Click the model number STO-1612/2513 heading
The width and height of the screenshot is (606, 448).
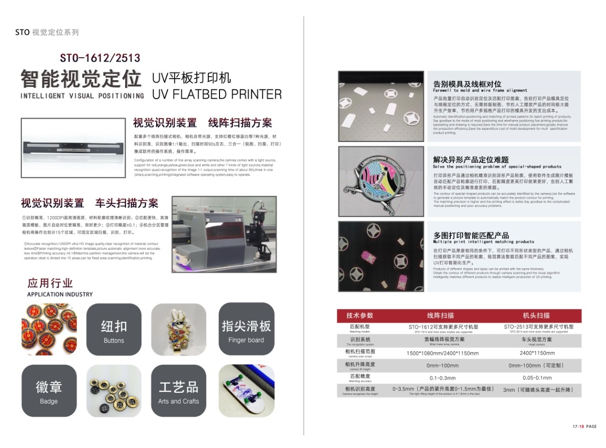(x=100, y=58)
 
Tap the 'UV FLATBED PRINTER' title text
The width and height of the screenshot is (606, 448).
(x=217, y=94)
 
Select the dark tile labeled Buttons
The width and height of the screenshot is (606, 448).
(x=114, y=329)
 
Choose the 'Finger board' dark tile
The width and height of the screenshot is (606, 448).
(x=246, y=329)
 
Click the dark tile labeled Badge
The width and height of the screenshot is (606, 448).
(x=49, y=390)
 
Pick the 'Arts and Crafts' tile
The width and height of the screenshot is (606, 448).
(x=178, y=390)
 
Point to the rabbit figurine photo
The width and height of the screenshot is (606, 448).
(x=178, y=329)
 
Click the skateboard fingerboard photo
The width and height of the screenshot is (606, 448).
(x=246, y=390)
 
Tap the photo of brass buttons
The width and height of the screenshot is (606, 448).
(x=114, y=390)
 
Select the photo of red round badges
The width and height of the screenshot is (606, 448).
(x=49, y=329)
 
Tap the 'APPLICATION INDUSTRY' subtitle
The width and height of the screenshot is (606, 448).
(x=60, y=294)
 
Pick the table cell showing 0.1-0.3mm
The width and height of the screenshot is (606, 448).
(x=443, y=378)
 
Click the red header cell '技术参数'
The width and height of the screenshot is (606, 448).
(x=359, y=315)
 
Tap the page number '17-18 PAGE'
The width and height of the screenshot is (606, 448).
(x=584, y=426)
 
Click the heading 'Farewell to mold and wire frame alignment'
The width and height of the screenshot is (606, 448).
(x=480, y=90)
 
